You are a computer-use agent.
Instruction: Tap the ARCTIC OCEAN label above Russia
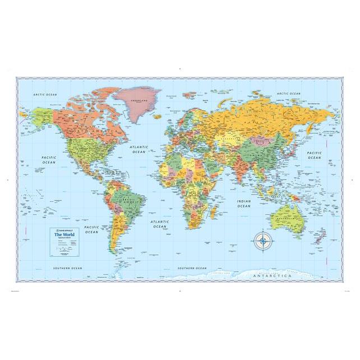click(x=288, y=94)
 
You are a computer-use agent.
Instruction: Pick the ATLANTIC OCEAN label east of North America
click(x=137, y=150)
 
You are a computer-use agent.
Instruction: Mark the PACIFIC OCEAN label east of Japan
click(x=314, y=155)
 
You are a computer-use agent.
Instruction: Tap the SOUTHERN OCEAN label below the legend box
click(x=68, y=268)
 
